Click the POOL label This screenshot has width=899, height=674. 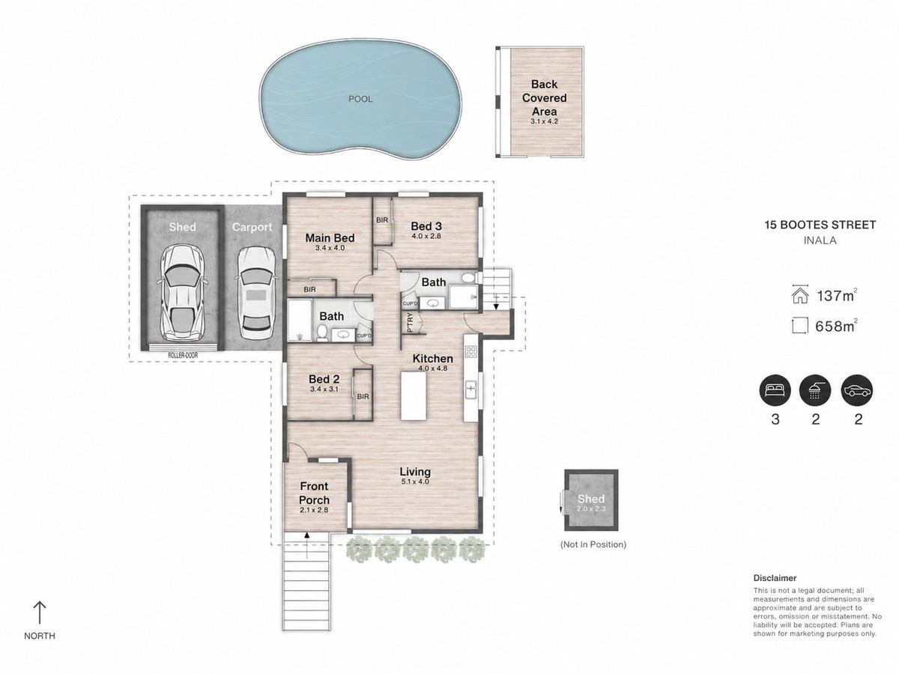(x=360, y=99)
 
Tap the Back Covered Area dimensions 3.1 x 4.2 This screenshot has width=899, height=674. (x=544, y=121)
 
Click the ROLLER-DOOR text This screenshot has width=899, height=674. (x=183, y=355)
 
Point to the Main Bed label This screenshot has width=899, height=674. (x=330, y=237)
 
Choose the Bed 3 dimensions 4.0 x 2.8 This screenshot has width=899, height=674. (x=426, y=236)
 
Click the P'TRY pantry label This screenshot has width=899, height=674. (x=411, y=322)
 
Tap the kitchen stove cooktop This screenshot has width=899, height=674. (x=471, y=351)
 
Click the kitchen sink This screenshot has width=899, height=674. (x=471, y=389)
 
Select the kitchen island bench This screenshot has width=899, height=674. (x=414, y=395)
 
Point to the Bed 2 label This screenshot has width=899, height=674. (x=324, y=380)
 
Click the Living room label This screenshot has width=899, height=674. (x=415, y=472)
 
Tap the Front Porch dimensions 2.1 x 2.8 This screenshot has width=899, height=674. (x=314, y=510)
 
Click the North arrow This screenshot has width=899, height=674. (x=39, y=612)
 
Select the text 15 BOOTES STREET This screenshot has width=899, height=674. (x=820, y=225)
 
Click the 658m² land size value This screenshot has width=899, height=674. (x=835, y=327)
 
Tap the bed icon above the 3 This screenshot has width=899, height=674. (x=775, y=390)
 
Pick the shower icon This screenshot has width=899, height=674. (x=815, y=390)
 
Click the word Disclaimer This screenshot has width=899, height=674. (x=775, y=578)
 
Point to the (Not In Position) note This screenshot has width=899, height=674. (x=593, y=544)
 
